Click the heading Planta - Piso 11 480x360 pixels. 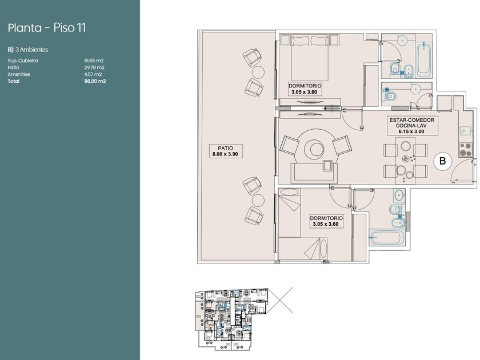click(46, 28)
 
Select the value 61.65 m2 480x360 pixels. click(94, 61)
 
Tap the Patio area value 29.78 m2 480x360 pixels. click(94, 67)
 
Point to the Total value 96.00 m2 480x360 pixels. click(95, 81)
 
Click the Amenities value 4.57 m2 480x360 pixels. click(93, 74)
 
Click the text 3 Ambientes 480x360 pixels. click(32, 50)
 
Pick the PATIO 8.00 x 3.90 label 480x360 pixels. click(226, 151)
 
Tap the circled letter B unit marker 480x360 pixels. click(442, 161)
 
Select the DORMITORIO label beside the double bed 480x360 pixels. click(305, 89)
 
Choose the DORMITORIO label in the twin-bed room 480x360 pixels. click(326, 221)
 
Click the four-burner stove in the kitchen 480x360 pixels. click(466, 150)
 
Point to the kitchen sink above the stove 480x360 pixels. click(466, 131)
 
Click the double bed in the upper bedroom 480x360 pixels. click(310, 58)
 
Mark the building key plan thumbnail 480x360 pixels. click(231, 318)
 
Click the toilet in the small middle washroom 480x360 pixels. click(389, 97)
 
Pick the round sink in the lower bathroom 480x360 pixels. click(399, 195)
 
